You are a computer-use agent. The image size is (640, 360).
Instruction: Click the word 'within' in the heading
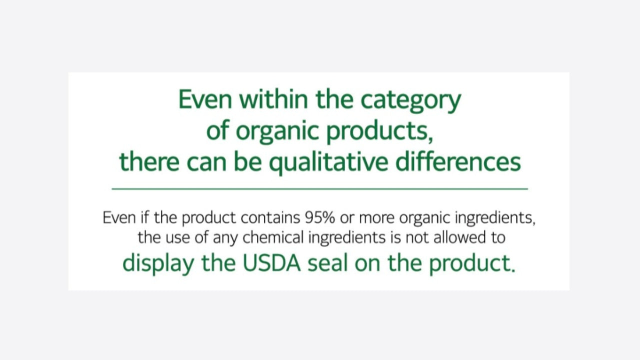tap(273, 99)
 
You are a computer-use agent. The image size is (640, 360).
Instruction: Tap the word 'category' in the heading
tap(411, 101)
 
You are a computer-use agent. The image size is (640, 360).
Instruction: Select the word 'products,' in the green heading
tap(379, 133)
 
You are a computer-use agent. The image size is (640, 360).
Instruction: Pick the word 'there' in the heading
tap(149, 161)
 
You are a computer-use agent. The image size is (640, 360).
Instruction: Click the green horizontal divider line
tap(319, 189)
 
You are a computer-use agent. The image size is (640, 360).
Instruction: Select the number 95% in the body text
tap(319, 217)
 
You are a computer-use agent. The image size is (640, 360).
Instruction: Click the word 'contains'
tap(270, 217)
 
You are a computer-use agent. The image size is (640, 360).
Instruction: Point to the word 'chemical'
tap(273, 237)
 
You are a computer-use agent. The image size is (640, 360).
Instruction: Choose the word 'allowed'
tap(459, 237)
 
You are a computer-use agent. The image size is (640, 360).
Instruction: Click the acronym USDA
tap(271, 263)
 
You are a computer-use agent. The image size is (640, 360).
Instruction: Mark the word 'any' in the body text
tap(225, 239)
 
